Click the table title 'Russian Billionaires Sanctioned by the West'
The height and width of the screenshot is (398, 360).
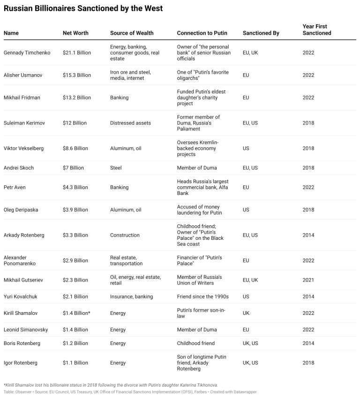[x=83, y=8]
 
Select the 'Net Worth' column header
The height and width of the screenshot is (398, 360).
[x=75, y=33]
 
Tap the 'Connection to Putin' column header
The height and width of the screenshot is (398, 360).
[x=202, y=33]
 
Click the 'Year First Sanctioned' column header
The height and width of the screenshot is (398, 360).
[x=317, y=30]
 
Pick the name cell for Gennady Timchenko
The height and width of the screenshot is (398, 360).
[x=26, y=53]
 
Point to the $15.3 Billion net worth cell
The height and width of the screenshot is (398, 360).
[x=77, y=75]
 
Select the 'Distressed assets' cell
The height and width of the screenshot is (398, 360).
[x=130, y=123]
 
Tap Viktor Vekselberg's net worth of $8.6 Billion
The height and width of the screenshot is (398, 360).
[x=75, y=148]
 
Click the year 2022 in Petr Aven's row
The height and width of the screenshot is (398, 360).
[x=309, y=187]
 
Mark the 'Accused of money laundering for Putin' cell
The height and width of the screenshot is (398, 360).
[x=199, y=210]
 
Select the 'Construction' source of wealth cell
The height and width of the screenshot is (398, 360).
[x=125, y=235]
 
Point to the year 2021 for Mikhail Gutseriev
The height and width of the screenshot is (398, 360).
[x=309, y=280]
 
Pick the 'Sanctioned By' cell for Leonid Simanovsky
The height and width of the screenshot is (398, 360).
[x=246, y=330]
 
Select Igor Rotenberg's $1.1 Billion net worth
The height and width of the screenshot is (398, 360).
[x=75, y=363]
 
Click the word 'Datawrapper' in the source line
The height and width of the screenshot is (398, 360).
[x=243, y=391]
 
